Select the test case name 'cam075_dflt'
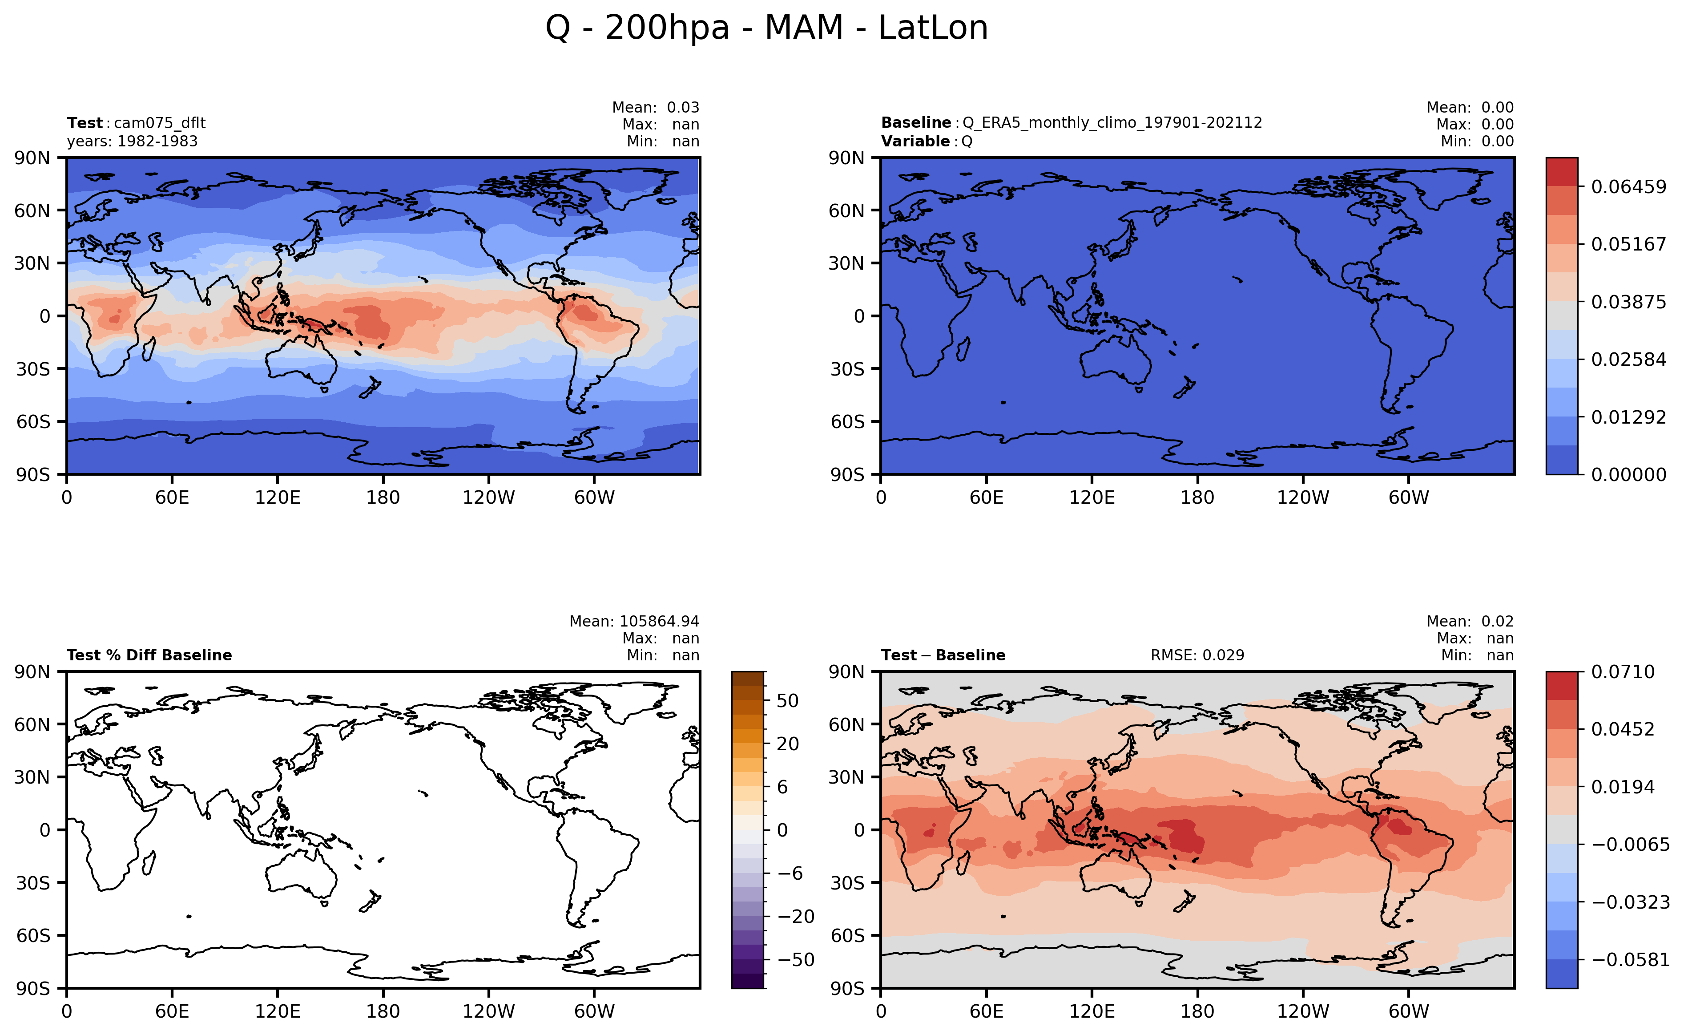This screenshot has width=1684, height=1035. [159, 123]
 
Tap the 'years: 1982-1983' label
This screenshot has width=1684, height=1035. [132, 141]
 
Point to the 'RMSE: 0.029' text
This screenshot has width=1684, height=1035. [1197, 655]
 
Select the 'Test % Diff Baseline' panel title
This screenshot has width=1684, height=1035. [149, 655]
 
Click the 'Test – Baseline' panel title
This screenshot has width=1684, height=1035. [943, 655]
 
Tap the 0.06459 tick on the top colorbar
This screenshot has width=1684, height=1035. [1628, 187]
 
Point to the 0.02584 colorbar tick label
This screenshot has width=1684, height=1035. [1628, 360]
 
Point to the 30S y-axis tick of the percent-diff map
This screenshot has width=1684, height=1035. [33, 883]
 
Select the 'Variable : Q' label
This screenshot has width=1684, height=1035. [927, 141]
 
